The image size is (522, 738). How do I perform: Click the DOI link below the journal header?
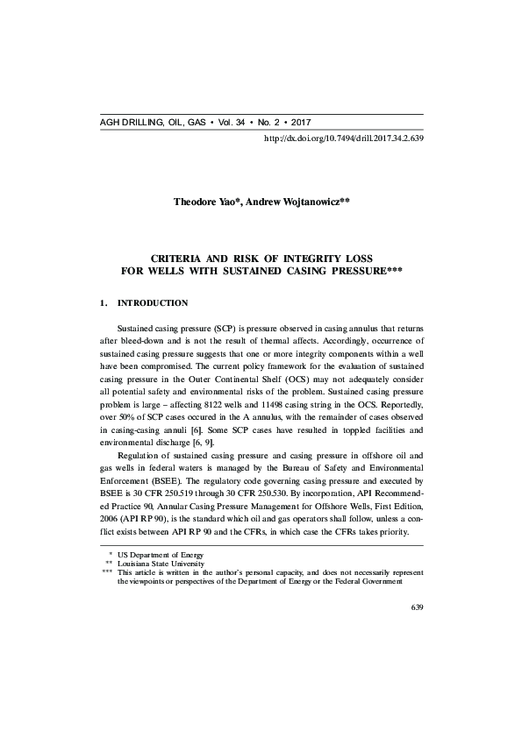[x=343, y=138]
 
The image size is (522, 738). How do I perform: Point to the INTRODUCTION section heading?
[x=152, y=303]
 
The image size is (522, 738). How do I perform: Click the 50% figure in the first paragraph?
[x=127, y=421]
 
